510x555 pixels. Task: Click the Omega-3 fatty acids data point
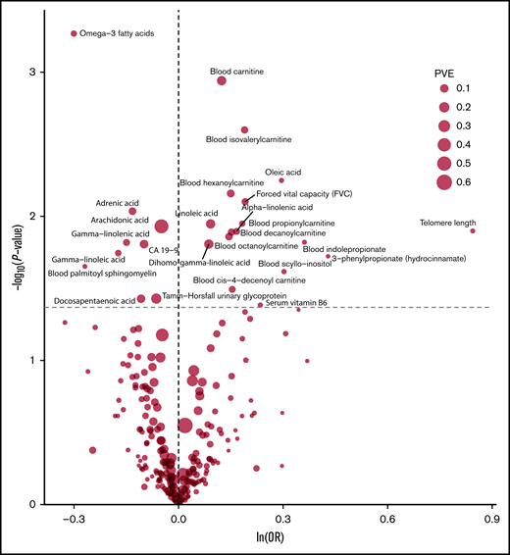74,33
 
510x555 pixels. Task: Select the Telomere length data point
473,230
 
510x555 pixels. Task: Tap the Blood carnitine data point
222,79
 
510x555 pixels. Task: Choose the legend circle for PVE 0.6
444,181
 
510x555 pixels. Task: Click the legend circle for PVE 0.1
444,88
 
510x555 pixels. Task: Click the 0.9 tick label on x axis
492,519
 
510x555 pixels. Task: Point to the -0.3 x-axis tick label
72,519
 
